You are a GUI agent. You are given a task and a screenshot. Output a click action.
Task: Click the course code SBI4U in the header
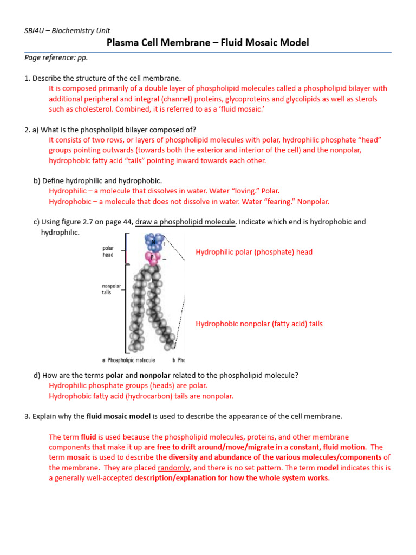pyautogui.click(x=35, y=31)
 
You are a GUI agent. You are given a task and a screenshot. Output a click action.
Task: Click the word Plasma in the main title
pyautogui.click(x=122, y=43)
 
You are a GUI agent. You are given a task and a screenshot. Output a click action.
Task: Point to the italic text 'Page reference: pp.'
pyautogui.click(x=56, y=57)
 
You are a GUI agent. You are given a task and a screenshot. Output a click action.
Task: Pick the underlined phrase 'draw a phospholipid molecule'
pyautogui.click(x=186, y=222)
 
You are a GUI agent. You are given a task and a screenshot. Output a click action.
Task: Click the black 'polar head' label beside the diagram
pyautogui.click(x=108, y=251)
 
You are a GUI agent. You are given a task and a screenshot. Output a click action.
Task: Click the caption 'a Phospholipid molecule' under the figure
pyautogui.click(x=129, y=360)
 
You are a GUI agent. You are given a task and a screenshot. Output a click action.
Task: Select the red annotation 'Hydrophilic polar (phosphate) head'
pyautogui.click(x=253, y=252)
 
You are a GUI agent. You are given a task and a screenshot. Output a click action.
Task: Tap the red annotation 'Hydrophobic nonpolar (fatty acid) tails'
pyautogui.click(x=259, y=324)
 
